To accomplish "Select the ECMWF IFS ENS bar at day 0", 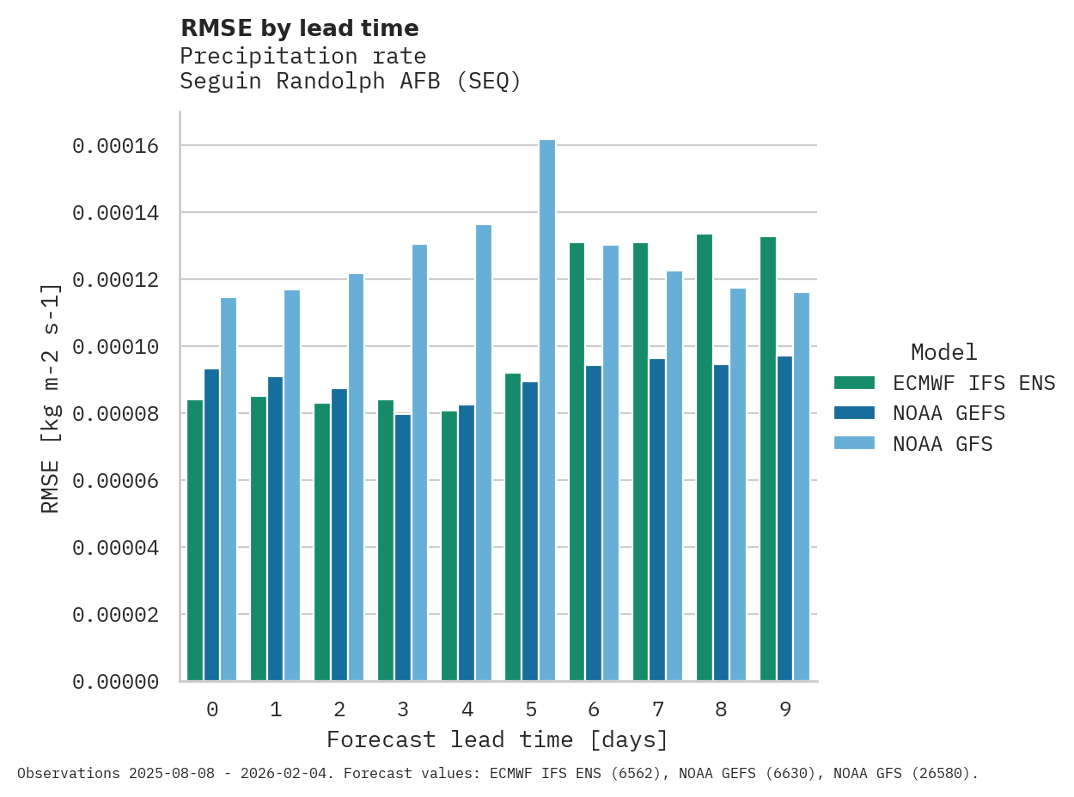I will coord(195,540).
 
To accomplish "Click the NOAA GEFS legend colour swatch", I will coord(854,413).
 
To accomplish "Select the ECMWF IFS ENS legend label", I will coord(973,382).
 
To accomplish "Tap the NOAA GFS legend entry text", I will coord(943,444).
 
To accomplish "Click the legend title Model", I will coord(943,352).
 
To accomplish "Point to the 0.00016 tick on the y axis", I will coord(116,146).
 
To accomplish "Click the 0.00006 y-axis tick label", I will coord(116,480).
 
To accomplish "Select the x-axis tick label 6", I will coord(594,709).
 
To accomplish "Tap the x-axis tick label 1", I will coord(276,709).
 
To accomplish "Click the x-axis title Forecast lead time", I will coord(497,739).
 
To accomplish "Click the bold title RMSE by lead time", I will coord(300,28).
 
